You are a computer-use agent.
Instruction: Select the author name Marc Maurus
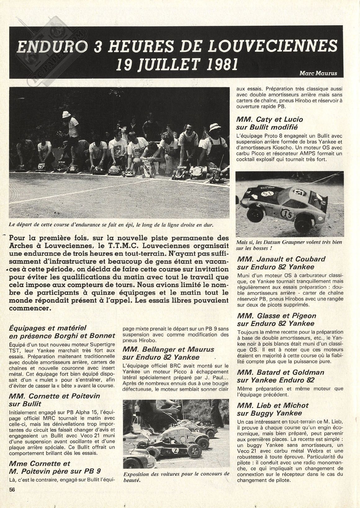click(318, 73)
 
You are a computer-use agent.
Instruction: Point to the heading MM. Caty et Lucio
click(269, 119)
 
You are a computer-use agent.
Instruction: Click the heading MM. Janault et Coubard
click(281, 259)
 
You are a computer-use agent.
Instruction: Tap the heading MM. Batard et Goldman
click(280, 372)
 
